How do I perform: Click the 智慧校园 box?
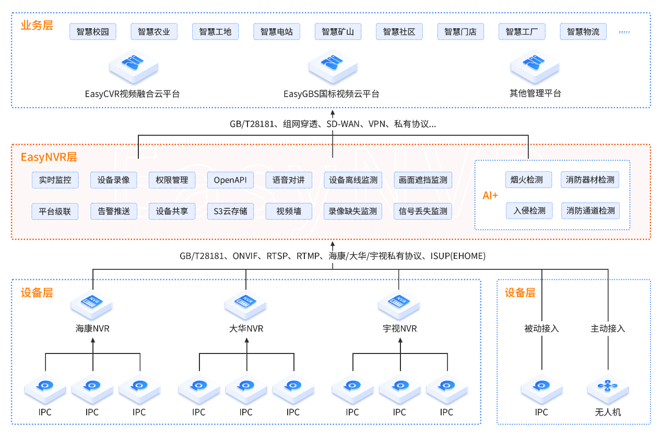point(93,31)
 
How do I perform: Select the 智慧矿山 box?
point(338,31)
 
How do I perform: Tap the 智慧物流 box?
point(583,31)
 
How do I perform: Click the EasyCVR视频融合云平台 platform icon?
point(134,67)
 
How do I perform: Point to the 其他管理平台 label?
point(535,93)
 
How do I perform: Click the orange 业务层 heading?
point(37,26)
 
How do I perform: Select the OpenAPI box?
point(230,180)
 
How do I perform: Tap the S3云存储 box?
point(230,211)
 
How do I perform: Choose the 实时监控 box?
point(55,180)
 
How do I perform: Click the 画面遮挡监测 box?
point(423,180)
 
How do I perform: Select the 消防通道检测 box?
point(590,211)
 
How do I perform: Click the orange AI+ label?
point(490,195)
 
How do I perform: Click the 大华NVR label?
point(246,328)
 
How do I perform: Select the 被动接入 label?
point(542,328)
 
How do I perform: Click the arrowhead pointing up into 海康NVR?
point(93,340)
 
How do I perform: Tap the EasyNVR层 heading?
point(49,157)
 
